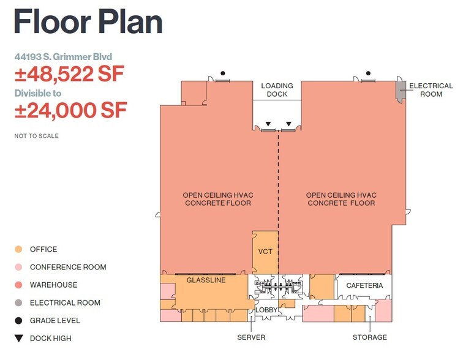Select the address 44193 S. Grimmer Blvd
[64, 57]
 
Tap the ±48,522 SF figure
[69, 75]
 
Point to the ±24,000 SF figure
[70, 110]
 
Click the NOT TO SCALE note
[37, 136]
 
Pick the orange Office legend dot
[18, 249]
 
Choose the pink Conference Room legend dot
[18, 267]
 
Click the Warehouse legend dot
[18, 285]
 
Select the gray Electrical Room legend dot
[18, 302]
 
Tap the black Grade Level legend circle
[18, 320]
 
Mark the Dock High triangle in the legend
[18, 338]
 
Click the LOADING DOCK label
[277, 90]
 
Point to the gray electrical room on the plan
[401, 92]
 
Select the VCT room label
[265, 252]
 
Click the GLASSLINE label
[206, 280]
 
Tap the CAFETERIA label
[364, 286]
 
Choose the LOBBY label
[267, 310]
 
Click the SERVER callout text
[251, 337]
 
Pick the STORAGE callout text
[369, 337]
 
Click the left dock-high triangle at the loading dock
[268, 124]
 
